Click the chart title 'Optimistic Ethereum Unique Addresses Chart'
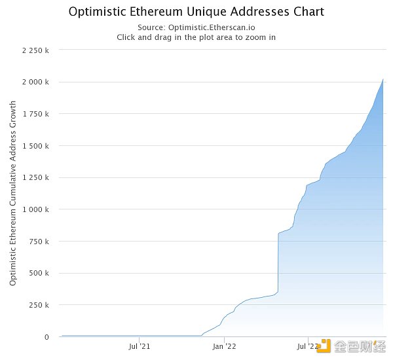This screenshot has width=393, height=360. pos(196,12)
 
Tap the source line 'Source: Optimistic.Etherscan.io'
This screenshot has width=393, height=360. pos(196,27)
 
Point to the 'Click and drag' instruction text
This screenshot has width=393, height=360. pos(196,37)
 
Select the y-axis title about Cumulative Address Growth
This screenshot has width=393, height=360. pos(13,192)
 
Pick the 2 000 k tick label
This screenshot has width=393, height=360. pos(33,82)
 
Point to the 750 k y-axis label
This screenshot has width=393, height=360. pos(38,242)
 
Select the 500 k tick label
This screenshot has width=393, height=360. pos(38,273)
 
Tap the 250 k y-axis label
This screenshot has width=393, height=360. pos(38,305)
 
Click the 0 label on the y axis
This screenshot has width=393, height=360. pos(46,337)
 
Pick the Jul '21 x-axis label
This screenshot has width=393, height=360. pos(139,346)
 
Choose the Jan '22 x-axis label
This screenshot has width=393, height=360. pos(224,346)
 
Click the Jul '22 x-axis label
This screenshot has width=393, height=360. pos(308,346)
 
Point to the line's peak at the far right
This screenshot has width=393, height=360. pos(383,79)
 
